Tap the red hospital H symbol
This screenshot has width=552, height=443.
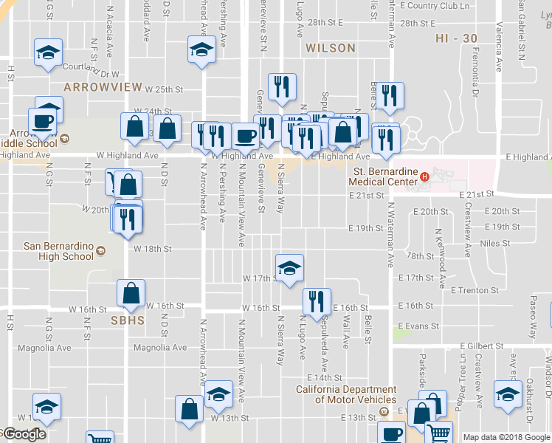[x=424, y=177]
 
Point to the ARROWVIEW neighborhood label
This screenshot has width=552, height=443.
[x=103, y=87]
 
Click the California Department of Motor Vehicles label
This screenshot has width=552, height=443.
[x=346, y=394]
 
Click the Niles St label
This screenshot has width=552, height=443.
[x=494, y=243]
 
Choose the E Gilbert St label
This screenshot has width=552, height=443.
[x=485, y=346]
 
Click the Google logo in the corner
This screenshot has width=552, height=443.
[x=24, y=434]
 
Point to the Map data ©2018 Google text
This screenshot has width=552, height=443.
[x=506, y=437]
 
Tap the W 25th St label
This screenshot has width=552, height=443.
[x=163, y=89]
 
